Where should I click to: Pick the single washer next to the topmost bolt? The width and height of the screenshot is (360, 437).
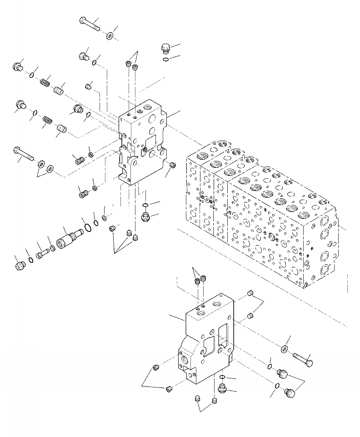click(110, 36)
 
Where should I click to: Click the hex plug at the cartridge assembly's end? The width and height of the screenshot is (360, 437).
click(20, 266)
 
